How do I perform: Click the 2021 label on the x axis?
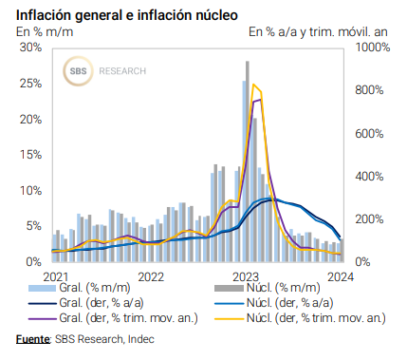[56, 275]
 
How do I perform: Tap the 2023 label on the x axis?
[246, 275]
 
